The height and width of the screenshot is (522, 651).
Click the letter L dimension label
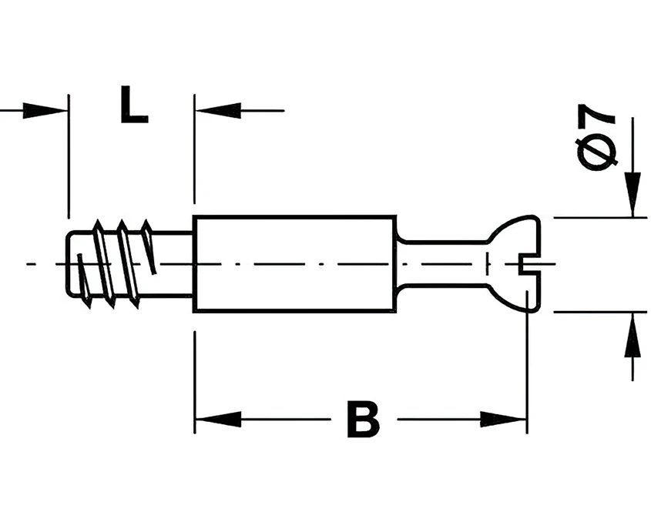(134, 104)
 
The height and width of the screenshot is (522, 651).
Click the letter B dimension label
(364, 419)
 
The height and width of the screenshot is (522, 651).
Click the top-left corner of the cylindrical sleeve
(193, 216)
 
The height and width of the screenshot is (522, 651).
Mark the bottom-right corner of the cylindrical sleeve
(396, 311)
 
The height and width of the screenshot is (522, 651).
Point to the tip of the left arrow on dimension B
(196, 419)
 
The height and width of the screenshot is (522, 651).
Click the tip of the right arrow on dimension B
(526, 419)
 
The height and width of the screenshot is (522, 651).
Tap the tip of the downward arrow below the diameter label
(633, 216)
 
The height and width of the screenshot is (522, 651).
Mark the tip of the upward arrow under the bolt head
(633, 312)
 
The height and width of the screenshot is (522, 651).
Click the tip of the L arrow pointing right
(68, 111)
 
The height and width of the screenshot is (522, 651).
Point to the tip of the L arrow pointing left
(196, 111)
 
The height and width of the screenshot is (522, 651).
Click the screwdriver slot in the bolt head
(529, 264)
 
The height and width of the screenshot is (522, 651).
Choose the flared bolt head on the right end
(514, 263)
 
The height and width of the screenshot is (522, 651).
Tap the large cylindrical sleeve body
(294, 264)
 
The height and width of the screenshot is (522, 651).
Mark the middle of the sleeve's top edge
(294, 216)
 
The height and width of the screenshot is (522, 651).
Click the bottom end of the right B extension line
(527, 433)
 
